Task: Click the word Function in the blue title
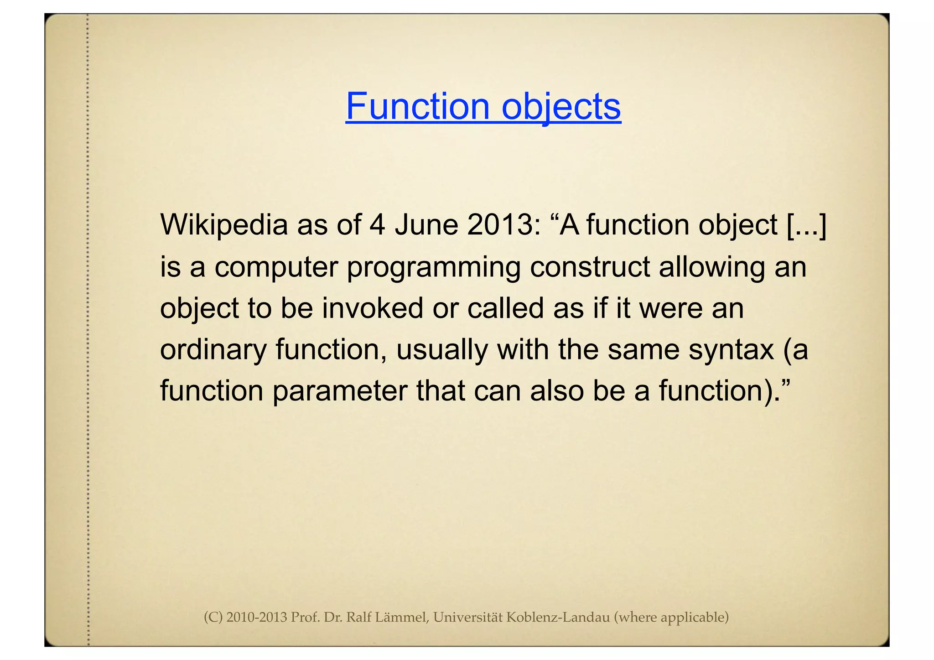click(417, 106)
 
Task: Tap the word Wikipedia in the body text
click(224, 225)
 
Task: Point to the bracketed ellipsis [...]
click(807, 225)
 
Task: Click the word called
click(505, 308)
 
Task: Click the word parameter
click(340, 391)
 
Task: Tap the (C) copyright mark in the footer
click(213, 617)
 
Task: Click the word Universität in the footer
click(467, 617)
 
